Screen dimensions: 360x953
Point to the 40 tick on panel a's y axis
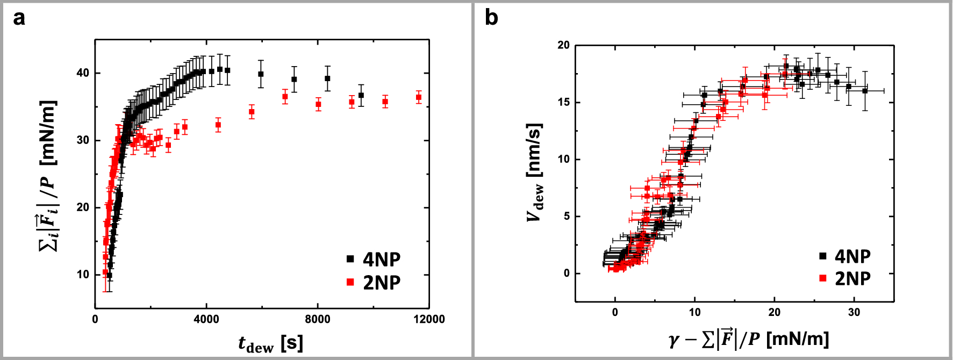point(83,73)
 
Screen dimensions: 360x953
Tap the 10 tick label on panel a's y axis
point(83,275)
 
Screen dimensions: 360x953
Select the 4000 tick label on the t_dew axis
point(206,320)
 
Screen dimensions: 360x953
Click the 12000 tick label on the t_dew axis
point(429,320)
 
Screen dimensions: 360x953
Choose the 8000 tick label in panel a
point(318,320)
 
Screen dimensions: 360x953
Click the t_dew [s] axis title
point(270,343)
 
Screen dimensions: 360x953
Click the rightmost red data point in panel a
point(419,98)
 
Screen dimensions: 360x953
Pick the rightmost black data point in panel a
point(361,96)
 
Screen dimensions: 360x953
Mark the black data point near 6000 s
point(261,74)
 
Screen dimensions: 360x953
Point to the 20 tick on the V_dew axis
point(563,45)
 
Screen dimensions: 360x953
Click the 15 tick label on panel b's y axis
point(563,102)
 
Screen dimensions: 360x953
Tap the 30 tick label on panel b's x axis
point(854,313)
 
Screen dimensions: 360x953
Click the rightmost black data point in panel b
point(865,91)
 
